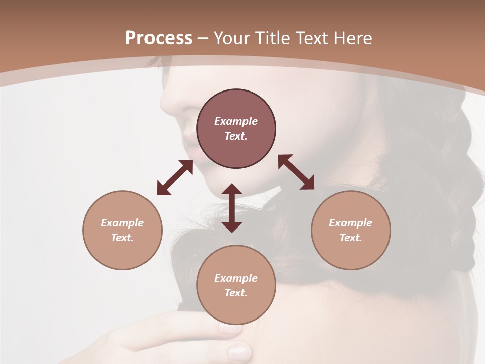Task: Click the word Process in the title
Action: coord(159,38)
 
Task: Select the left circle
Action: coord(122,230)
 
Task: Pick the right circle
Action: coord(351,230)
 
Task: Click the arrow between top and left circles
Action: coord(175,177)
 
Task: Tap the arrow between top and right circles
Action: coord(297,172)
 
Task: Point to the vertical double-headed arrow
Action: coord(232,208)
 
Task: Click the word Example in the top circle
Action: coord(236,121)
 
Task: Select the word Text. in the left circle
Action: coord(122,238)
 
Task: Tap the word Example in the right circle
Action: coord(351,223)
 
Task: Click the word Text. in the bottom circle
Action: coord(236,293)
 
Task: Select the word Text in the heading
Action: coord(311,38)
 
